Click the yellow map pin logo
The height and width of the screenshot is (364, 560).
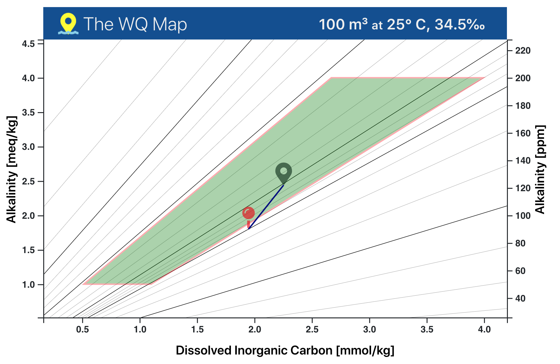tap(68, 23)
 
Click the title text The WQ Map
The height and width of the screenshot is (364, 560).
tap(135, 24)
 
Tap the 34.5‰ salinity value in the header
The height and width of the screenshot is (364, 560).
tap(460, 24)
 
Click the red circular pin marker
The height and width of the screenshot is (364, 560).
tap(248, 213)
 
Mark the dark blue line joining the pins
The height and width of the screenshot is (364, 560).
tap(266, 207)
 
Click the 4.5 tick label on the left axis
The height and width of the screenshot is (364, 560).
tap(28, 44)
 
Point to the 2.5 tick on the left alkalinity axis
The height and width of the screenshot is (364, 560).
tap(28, 181)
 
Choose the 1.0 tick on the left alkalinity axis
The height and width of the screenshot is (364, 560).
tap(28, 285)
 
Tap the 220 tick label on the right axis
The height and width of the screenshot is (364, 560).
tap(523, 51)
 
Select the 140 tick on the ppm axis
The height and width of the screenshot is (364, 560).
tap(523, 161)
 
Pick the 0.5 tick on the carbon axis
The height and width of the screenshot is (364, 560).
tap(82, 330)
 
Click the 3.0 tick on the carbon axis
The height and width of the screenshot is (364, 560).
tap(370, 330)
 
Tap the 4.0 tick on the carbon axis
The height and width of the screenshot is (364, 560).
tap(484, 330)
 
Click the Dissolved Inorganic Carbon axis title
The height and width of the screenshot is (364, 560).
tap(285, 350)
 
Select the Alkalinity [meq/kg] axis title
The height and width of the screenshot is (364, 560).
tap(11, 169)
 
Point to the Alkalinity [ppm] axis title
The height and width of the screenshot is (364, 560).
tap(540, 169)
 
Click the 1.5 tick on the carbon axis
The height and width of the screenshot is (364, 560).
tap(197, 330)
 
